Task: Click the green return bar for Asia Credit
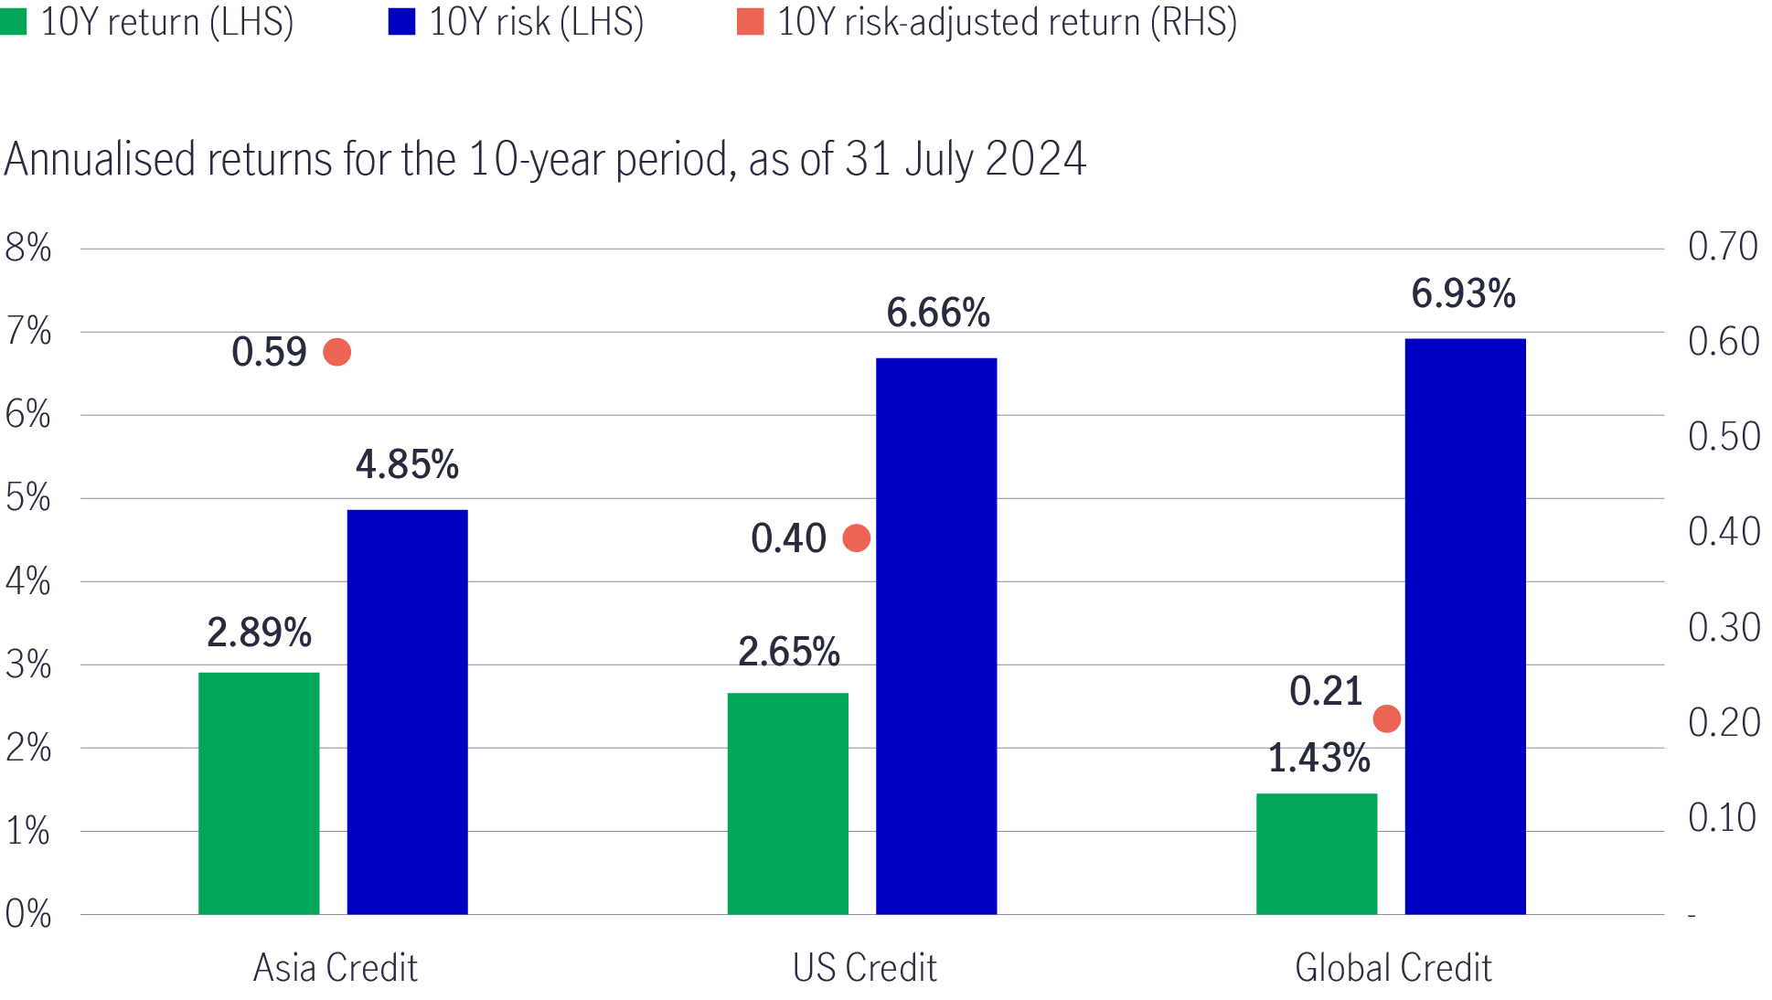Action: point(259,793)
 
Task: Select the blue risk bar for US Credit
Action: point(936,635)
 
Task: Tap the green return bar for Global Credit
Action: point(1317,854)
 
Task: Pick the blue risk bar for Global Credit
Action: point(1465,626)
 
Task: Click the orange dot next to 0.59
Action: point(336,352)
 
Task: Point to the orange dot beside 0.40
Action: point(856,538)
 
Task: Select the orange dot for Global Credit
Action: point(1386,719)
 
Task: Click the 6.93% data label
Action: point(1463,294)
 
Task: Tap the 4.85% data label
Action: point(407,465)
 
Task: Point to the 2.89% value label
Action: point(259,633)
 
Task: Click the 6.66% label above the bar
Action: point(937,314)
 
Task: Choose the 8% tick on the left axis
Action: point(28,248)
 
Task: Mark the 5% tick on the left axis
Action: point(28,498)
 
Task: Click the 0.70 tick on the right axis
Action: point(1723,247)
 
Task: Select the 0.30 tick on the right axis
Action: point(1723,628)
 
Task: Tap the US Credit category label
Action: point(864,968)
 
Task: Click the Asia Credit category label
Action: point(335,968)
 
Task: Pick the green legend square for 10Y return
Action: point(14,22)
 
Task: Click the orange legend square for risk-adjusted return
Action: point(750,22)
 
